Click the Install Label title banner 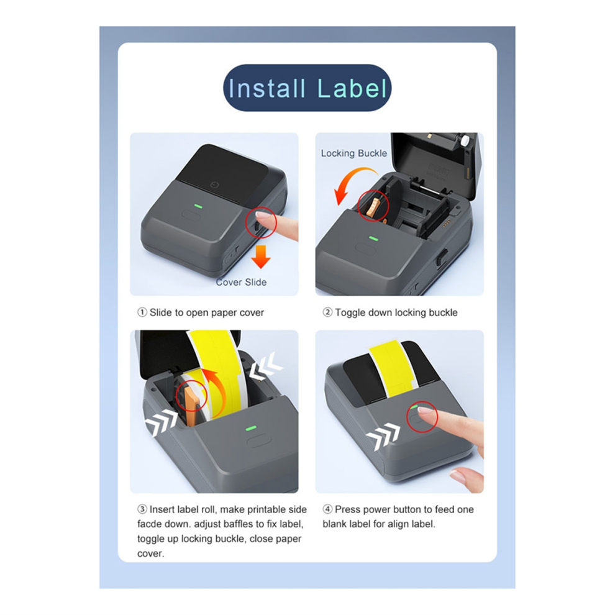click(307, 88)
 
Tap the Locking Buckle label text click(354, 153)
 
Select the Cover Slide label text click(241, 282)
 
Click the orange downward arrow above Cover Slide click(261, 257)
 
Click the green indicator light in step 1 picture click(198, 206)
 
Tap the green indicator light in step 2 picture click(373, 238)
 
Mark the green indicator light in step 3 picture click(250, 428)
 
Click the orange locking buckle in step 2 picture click(373, 207)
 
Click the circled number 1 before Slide click(142, 312)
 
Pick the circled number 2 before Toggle click(327, 312)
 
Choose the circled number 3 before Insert click(142, 509)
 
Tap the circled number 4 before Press click(327, 509)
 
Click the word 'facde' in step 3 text click(150, 524)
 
